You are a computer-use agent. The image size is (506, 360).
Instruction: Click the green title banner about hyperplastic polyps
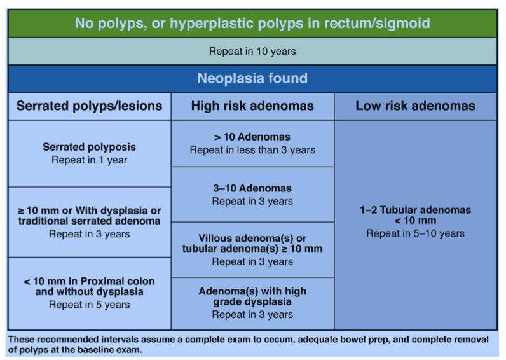tap(252, 24)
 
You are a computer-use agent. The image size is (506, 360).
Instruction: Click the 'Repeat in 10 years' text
tap(252, 51)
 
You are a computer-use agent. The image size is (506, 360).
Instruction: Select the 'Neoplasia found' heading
tap(252, 78)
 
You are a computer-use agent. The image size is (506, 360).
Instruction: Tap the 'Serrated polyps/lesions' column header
tap(89, 106)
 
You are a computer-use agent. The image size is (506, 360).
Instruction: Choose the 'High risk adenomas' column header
tap(252, 106)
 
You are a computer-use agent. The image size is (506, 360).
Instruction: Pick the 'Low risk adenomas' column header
tap(415, 106)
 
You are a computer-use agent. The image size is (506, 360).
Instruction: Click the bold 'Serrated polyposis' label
tap(89, 147)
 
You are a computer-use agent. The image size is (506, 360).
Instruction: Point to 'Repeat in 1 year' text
tap(89, 160)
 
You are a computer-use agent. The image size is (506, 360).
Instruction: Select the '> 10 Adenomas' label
tap(252, 137)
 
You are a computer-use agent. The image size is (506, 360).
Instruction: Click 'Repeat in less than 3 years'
tap(252, 150)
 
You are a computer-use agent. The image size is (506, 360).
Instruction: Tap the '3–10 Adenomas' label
tap(252, 188)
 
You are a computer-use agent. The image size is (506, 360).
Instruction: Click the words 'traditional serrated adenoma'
tap(89, 221)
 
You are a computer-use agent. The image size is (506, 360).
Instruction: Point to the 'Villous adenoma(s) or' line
tap(252, 237)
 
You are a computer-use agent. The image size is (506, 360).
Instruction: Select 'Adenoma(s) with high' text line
tap(252, 291)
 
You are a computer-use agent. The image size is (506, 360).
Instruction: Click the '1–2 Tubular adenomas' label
tap(415, 209)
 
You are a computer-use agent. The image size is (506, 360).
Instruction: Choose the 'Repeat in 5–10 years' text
tap(415, 233)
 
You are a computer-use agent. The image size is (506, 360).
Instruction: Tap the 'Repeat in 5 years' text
tap(89, 305)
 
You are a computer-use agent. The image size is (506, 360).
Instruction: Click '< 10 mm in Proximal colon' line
tap(89, 280)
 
